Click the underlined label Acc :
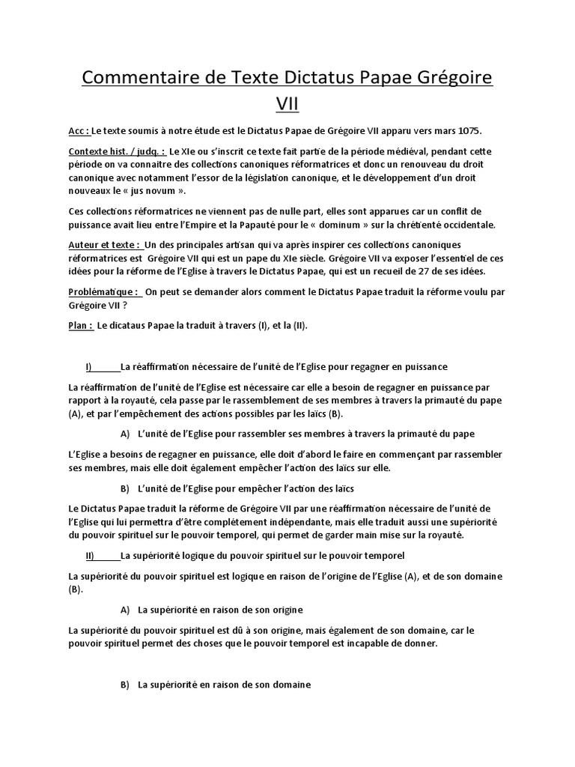point(79,131)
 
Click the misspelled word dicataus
point(133,325)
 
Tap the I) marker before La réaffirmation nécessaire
point(89,366)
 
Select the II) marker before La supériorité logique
point(91,555)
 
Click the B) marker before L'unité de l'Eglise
point(124,488)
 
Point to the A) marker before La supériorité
point(124,610)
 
